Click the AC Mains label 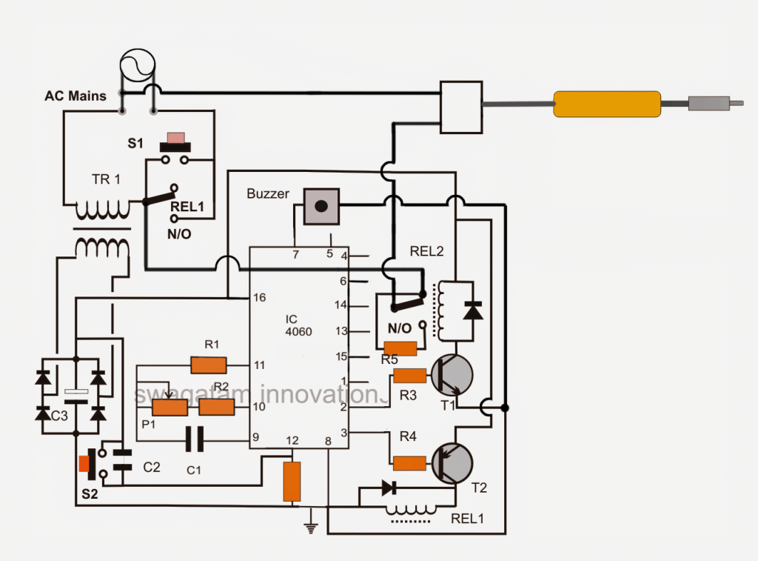click(x=75, y=96)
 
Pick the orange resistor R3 click(x=409, y=376)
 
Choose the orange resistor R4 click(x=409, y=463)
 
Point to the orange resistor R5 click(x=400, y=348)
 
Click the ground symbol click(x=311, y=528)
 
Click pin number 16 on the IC click(x=259, y=298)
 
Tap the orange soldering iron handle click(x=607, y=104)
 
